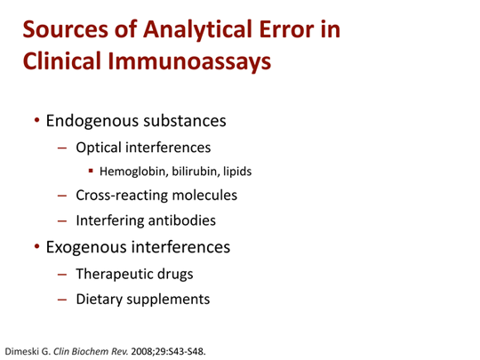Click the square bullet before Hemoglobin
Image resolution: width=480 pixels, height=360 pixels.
(92, 171)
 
